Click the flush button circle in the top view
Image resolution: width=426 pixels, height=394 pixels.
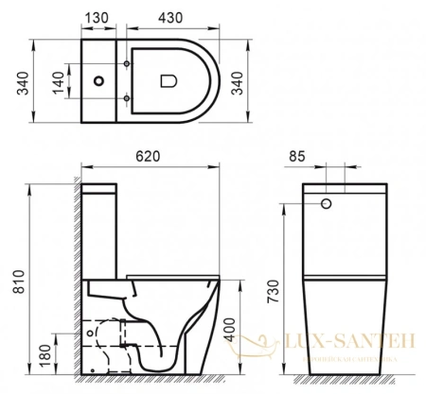click(x=98, y=82)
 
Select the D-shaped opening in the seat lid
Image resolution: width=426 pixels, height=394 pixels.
click(x=169, y=82)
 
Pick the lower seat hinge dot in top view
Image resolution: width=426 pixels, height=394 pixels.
click(x=127, y=98)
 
